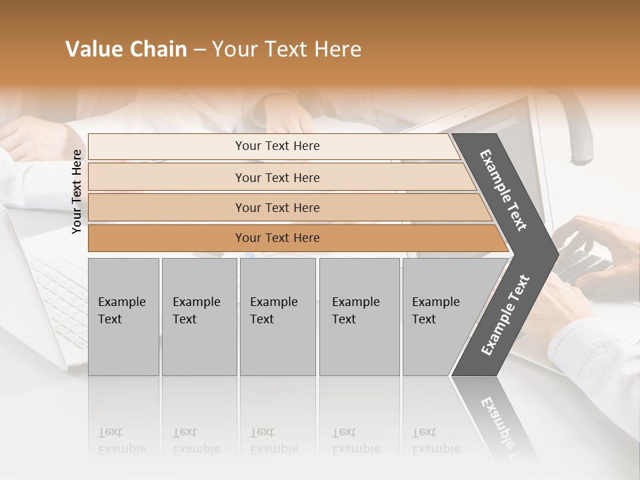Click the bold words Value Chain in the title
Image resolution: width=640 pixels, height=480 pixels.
(126, 50)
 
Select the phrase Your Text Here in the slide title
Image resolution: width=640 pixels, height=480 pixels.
(287, 50)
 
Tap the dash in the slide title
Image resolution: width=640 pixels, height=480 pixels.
(199, 50)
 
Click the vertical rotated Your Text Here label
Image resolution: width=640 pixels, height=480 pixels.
(77, 191)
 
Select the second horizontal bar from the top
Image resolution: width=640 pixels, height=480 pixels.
(277, 177)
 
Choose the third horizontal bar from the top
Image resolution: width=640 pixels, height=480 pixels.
(277, 207)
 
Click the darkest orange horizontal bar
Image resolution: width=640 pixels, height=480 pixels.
(277, 238)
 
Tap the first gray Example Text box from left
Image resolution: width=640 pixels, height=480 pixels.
(123, 316)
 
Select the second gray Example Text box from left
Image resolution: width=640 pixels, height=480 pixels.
(199, 316)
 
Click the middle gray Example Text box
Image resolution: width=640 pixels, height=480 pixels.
(277, 316)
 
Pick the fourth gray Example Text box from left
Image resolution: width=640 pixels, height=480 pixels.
(359, 316)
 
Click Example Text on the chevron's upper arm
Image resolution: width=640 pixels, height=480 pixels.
(503, 190)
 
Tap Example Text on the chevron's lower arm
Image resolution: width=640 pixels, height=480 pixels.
(505, 315)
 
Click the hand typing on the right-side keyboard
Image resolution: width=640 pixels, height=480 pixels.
(593, 247)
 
